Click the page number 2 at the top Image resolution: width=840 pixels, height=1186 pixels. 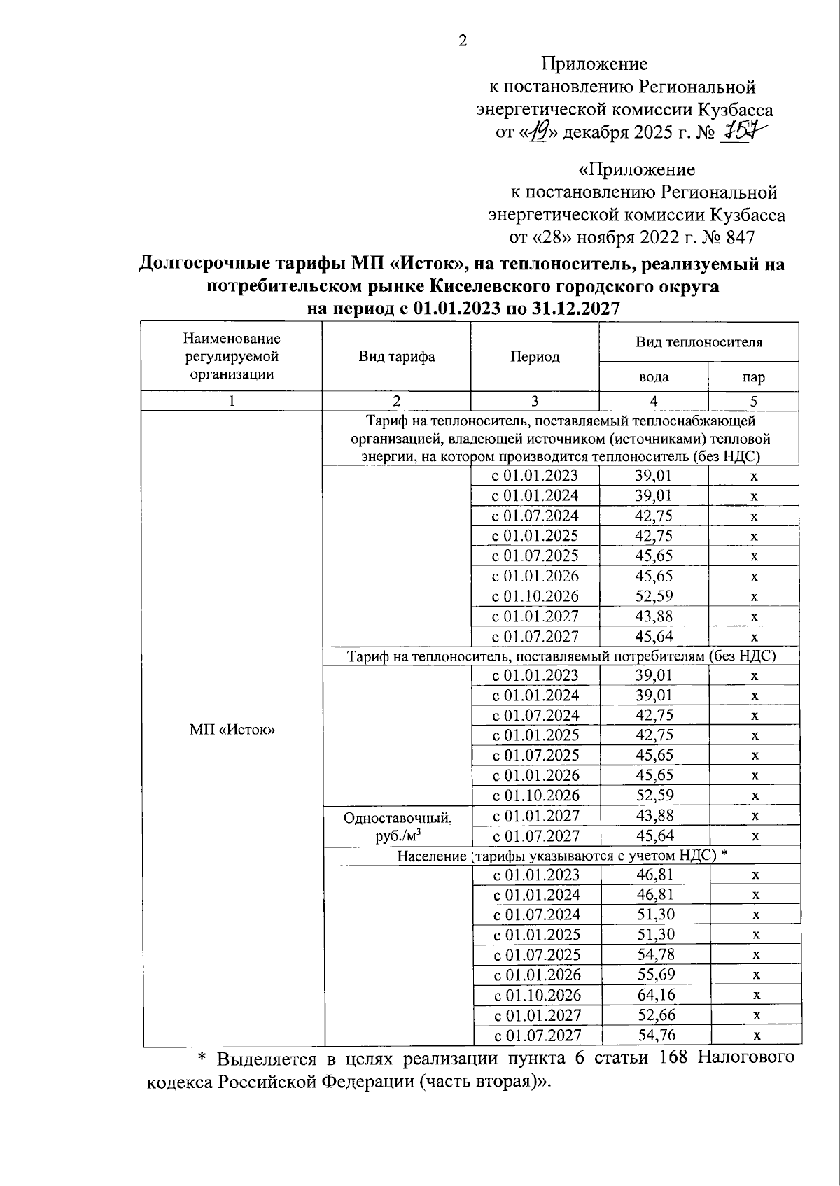pos(462,41)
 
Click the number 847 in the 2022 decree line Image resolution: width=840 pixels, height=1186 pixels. pos(740,238)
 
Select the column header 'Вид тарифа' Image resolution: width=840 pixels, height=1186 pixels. pos(397,357)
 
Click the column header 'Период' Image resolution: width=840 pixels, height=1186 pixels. pos(535,357)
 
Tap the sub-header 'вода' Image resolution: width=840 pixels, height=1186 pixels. pos(654,377)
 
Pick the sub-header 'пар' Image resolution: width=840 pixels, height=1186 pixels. pos(754,377)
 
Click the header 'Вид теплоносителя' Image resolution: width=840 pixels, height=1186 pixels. pos(699,342)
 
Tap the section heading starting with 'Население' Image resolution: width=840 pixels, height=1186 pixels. pos(563,856)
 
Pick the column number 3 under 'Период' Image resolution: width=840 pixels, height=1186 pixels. pos(535,401)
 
